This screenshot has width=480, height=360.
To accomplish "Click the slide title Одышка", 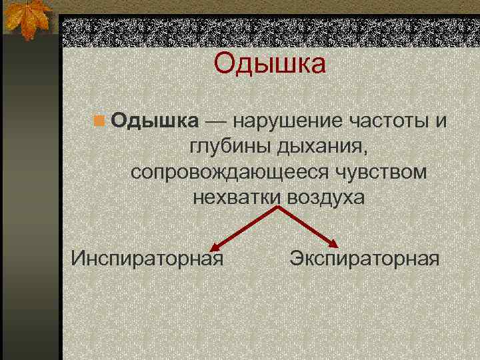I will point(270,65).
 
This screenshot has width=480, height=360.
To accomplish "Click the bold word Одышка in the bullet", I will point(155,121).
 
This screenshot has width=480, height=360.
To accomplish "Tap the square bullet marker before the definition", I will point(99,121).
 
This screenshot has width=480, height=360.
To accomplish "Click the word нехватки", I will point(237,198).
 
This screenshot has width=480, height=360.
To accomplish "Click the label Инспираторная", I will point(147,257).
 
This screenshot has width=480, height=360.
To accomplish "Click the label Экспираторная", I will point(365,257).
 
